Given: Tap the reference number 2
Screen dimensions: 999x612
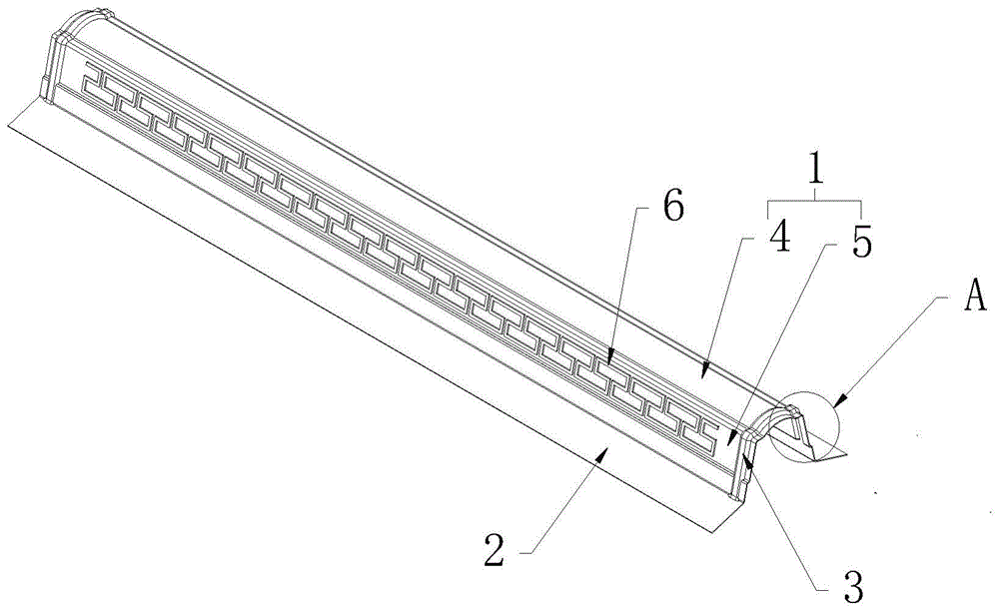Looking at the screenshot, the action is [495, 550].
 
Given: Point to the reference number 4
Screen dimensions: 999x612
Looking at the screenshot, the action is [779, 239].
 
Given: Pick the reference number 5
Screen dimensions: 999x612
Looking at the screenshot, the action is [862, 242].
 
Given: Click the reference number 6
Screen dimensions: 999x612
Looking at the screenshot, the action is [672, 207].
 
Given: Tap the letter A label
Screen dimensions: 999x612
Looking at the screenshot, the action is [975, 297].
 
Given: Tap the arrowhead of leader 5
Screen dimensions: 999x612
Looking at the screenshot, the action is [730, 439].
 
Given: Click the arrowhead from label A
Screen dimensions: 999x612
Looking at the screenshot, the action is [837, 400].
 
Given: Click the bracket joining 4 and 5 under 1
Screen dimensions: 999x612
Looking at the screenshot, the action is [816, 202].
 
